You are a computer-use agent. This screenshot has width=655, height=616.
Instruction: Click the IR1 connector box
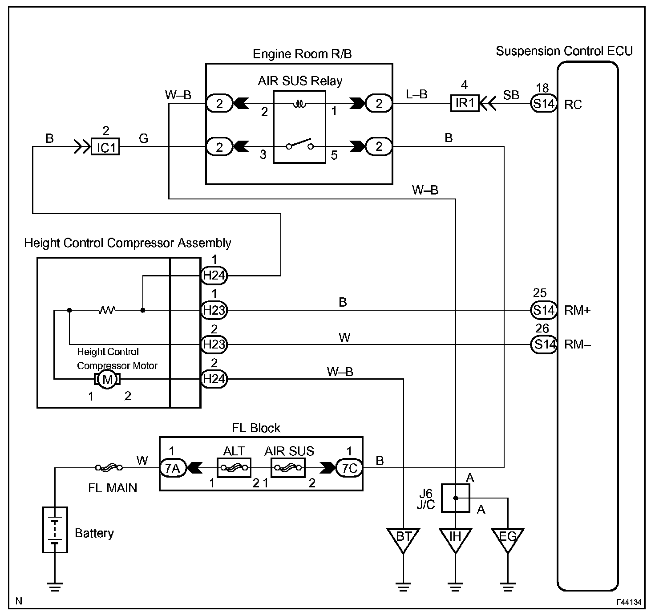coord(465,103)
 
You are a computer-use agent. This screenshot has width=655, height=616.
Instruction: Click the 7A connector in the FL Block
coord(173,468)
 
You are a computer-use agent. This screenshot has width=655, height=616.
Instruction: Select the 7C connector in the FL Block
coord(349,468)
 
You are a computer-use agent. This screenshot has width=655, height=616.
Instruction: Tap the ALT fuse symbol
coord(234,468)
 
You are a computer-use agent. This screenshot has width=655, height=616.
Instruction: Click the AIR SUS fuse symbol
coord(287,468)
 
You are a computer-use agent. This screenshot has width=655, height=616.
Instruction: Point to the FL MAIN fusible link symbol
coord(109,467)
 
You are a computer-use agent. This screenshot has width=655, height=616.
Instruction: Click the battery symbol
coord(55,530)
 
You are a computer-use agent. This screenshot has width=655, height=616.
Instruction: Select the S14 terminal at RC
coord(543,104)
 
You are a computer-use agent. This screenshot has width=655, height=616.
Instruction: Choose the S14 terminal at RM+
coord(543,310)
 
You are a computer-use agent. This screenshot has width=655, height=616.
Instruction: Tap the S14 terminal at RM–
coord(543,344)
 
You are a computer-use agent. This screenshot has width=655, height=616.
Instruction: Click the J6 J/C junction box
coord(455,498)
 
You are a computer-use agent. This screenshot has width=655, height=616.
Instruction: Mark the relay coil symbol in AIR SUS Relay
coord(299,104)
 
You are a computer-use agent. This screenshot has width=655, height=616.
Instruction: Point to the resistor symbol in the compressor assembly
coord(106,310)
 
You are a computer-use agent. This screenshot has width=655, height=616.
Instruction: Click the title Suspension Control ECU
coord(564,51)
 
